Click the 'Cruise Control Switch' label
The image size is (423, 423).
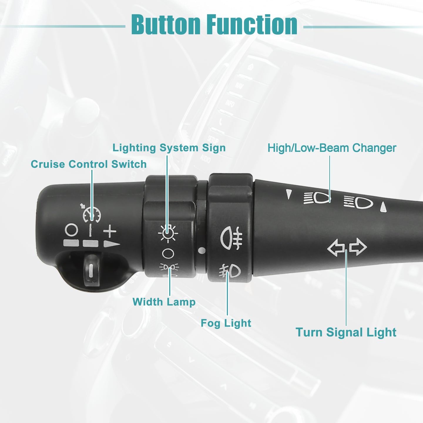click(x=88, y=164)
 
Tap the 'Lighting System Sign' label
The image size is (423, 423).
click(x=169, y=148)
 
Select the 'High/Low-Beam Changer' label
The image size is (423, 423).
click(x=332, y=148)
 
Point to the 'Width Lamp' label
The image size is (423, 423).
click(x=164, y=302)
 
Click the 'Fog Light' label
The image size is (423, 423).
click(x=226, y=323)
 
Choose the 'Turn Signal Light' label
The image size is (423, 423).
click(x=346, y=332)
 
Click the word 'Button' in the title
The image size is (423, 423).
click(x=166, y=24)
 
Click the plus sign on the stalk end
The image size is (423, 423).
click(x=110, y=231)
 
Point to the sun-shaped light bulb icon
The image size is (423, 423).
click(x=168, y=233)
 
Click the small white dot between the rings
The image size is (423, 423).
click(x=202, y=251)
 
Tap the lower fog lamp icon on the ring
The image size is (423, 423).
click(x=230, y=271)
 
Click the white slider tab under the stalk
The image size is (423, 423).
click(x=90, y=271)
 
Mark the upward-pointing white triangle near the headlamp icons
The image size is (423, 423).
click(x=383, y=207)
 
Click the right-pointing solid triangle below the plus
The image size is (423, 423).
click(x=112, y=244)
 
